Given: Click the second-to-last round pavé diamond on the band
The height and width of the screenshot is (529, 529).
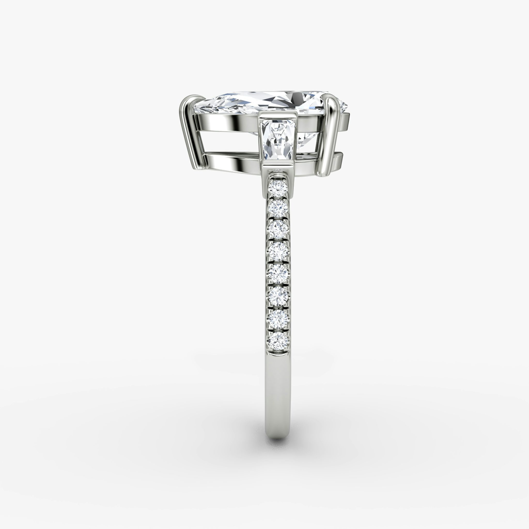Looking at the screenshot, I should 278,318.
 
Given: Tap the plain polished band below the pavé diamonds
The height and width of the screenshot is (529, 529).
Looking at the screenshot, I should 278,389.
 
